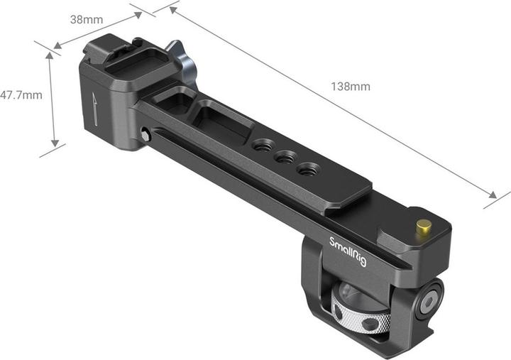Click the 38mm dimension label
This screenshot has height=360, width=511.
tap(86, 19)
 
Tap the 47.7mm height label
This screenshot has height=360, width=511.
tap(21, 94)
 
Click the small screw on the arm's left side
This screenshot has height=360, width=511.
tap(145, 133)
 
